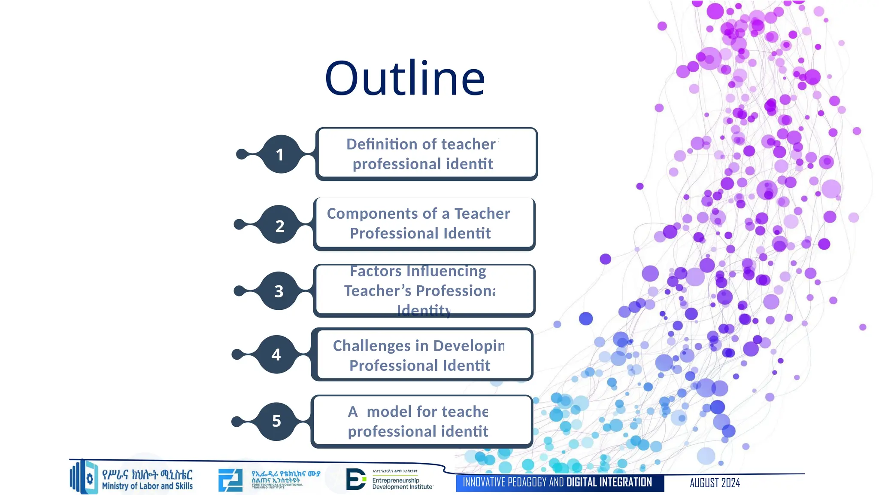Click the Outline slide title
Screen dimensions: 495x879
[x=405, y=78]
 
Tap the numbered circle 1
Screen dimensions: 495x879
[x=280, y=154]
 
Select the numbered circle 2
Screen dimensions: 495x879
[x=279, y=225]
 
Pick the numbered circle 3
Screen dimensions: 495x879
[x=279, y=291]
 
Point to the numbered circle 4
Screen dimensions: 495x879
[x=276, y=354]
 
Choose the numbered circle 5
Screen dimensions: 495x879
[x=276, y=421]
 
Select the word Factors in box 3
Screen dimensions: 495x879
[x=376, y=271]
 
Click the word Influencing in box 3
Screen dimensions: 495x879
[x=446, y=271]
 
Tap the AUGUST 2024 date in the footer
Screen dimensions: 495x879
[x=715, y=483]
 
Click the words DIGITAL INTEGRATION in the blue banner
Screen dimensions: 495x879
[x=609, y=483]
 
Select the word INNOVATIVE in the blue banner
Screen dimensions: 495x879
[x=484, y=483]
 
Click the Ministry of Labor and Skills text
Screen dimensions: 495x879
[x=147, y=486]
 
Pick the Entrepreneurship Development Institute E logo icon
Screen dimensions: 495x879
[x=356, y=479]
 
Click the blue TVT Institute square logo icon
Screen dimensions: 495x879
[x=230, y=480]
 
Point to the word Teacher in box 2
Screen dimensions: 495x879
[x=482, y=214]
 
